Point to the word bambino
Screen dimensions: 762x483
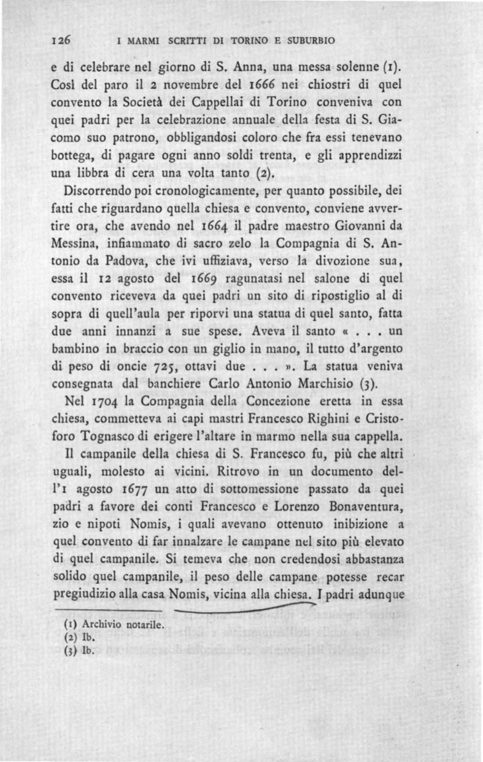pyautogui.click(x=75, y=354)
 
